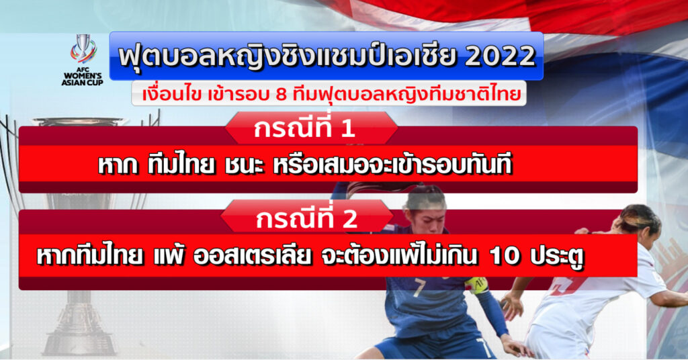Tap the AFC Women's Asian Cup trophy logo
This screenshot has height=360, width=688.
click(83, 49)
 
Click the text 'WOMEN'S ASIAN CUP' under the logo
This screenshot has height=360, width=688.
click(83, 79)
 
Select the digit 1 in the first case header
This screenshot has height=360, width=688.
click(347, 130)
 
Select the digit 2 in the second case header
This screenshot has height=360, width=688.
click(349, 219)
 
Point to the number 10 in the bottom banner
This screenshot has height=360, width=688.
click(505, 256)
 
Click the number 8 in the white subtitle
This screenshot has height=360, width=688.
click(281, 94)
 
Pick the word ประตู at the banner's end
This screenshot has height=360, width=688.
click(557, 256)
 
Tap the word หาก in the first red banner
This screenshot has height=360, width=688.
click(117, 166)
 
